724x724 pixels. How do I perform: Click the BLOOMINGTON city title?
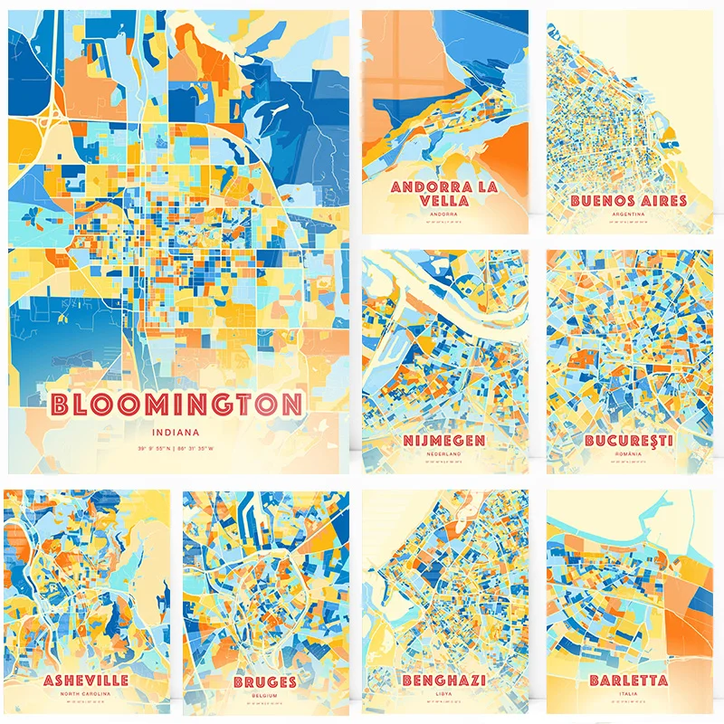click(177, 404)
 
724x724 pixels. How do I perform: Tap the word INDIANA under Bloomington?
click(177, 432)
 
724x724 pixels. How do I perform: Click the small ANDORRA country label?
click(444, 214)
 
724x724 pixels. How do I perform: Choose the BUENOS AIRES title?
click(629, 200)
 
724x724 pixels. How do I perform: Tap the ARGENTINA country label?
click(629, 214)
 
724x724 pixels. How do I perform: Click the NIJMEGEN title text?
click(444, 441)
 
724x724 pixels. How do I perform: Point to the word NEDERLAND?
click(444, 454)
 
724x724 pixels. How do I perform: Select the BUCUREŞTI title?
click(629, 441)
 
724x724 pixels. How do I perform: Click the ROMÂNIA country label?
click(629, 454)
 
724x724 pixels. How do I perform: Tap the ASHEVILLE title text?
click(85, 680)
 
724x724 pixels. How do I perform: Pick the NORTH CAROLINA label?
click(85, 694)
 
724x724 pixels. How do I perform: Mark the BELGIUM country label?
click(264, 695)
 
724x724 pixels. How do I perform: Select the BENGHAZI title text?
click(444, 680)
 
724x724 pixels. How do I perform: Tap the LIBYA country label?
click(444, 694)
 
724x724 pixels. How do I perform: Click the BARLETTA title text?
click(629, 680)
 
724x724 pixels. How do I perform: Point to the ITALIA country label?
click(629, 694)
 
